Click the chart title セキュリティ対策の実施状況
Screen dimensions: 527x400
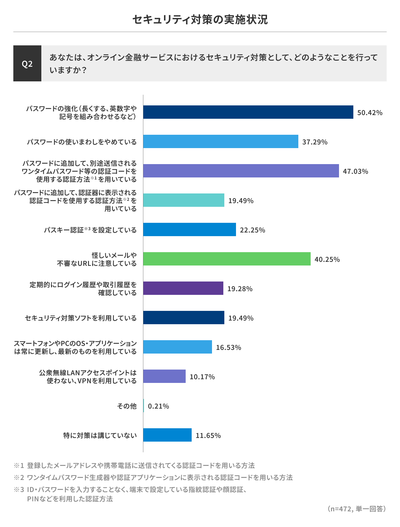coord(200,20)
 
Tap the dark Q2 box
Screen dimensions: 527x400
coord(27,63)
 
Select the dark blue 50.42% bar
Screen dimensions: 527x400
coord(248,112)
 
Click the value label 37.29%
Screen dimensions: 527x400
coord(315,142)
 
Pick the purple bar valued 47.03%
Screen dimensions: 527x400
coord(241,171)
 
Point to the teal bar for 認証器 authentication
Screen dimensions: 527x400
coord(184,200)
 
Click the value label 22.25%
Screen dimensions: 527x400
coord(252,230)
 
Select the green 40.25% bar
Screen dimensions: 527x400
coord(227,259)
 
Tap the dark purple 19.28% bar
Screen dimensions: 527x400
coord(183,288)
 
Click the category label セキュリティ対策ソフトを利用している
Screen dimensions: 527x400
coord(81,318)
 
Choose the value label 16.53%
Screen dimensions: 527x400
coord(228,348)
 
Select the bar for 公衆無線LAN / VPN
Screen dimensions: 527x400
coord(164,376)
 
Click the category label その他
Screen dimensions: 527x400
coord(127,406)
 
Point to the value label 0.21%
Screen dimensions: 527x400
coord(158,406)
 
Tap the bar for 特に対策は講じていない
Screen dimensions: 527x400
coord(167,435)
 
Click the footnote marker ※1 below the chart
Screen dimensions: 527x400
coord(19,465)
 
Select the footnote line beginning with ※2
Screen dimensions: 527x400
coord(153,478)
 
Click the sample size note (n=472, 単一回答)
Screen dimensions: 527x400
coord(357,509)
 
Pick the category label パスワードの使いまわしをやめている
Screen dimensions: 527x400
coord(82,142)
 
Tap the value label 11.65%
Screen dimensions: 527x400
coord(208,436)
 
